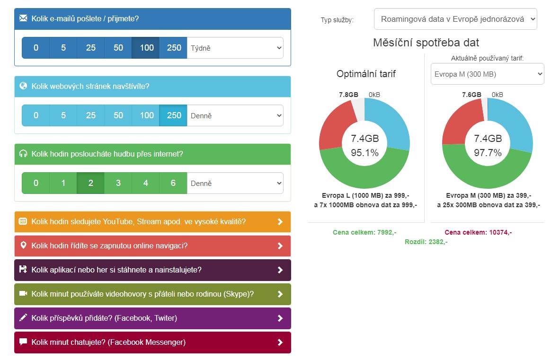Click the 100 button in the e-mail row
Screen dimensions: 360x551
tap(146, 48)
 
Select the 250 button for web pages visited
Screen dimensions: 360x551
tap(174, 115)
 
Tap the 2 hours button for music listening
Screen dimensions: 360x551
tap(90, 183)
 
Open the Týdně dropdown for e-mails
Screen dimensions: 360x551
tap(236, 48)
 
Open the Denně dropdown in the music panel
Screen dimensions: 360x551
tap(236, 183)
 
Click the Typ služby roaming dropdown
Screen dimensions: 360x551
tap(455, 19)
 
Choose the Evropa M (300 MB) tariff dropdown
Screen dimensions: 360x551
tap(487, 74)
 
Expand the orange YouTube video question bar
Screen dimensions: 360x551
tap(152, 222)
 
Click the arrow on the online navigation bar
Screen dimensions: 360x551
tap(280, 246)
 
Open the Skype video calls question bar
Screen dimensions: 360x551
tap(152, 294)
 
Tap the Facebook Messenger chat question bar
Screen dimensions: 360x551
tap(152, 342)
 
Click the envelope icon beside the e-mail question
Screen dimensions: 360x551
tap(23, 18)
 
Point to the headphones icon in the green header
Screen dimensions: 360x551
tap(23, 154)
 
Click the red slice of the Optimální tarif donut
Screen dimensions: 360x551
tap(335, 125)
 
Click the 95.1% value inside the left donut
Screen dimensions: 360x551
tap(364, 153)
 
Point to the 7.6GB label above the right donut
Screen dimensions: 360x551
tap(471, 95)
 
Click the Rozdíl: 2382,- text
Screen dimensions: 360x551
tap(426, 242)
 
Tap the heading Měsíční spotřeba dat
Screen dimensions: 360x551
tap(426, 43)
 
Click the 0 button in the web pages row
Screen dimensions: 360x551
tap(36, 115)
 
